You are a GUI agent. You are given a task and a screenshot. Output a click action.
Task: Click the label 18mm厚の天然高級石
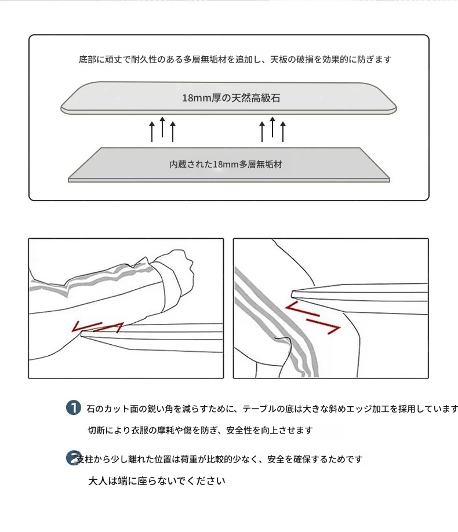(x=231, y=98)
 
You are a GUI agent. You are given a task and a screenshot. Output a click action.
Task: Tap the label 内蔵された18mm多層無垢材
(x=226, y=165)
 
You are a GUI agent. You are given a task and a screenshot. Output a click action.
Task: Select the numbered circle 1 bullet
(x=73, y=407)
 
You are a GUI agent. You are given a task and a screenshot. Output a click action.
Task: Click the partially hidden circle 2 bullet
(x=72, y=458)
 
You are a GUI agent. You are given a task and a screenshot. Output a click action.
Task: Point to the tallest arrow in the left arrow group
(x=162, y=127)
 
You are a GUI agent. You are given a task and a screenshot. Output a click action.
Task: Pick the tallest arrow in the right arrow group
(x=272, y=127)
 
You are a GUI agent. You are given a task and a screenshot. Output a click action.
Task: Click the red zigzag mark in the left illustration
(x=97, y=326)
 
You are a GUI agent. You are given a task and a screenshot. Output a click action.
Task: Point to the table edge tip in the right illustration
(x=292, y=294)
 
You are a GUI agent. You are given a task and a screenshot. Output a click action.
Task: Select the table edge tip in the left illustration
(x=82, y=334)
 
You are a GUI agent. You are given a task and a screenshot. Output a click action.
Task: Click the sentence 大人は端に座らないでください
(x=157, y=481)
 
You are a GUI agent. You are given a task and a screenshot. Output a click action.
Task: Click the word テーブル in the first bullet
(x=260, y=409)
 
